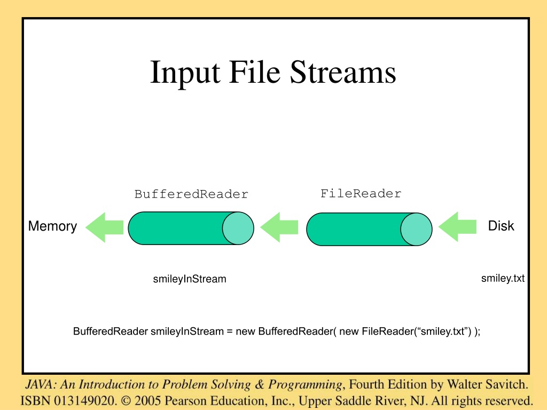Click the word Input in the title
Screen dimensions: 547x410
click(185, 73)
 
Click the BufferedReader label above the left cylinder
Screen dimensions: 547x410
click(191, 194)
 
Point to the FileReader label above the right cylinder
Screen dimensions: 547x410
click(361, 193)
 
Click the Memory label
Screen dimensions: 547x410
click(52, 226)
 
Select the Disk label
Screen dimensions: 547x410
click(501, 226)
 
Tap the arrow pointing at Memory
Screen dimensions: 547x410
click(104, 227)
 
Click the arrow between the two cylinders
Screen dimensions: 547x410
click(279, 227)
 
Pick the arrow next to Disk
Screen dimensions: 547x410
click(457, 226)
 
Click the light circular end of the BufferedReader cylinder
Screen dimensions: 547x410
click(238, 228)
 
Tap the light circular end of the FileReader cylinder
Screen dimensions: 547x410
click(416, 230)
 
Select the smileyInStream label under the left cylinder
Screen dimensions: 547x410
click(190, 279)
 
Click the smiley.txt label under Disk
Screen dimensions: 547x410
click(503, 278)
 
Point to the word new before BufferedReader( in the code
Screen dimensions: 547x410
click(245, 331)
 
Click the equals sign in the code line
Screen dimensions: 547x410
click(230, 332)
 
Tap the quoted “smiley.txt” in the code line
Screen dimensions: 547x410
click(442, 331)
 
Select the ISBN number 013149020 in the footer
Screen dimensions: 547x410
click(84, 400)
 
